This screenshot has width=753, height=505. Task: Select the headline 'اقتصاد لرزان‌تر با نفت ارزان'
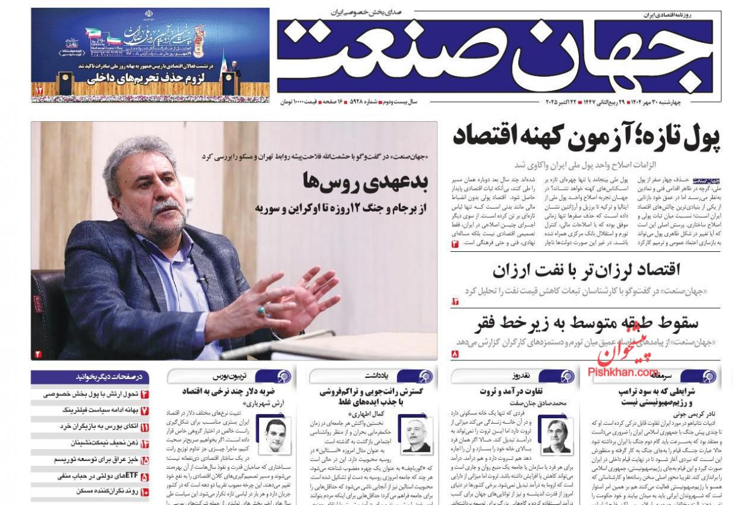click(x=586, y=271)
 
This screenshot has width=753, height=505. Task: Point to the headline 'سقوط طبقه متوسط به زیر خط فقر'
click(x=586, y=323)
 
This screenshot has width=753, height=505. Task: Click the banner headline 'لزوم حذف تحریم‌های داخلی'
click(x=136, y=78)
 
